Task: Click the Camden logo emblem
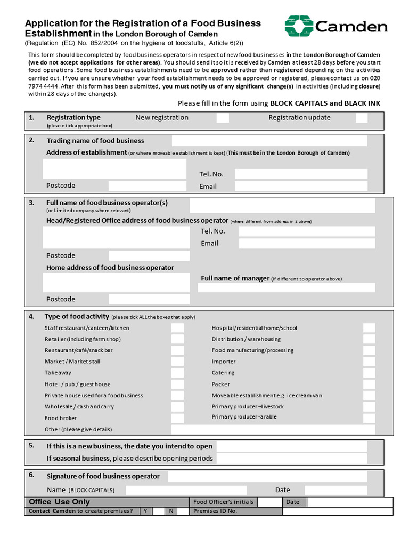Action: coord(299,26)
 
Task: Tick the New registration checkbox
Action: coord(223,118)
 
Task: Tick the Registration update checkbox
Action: coord(362,118)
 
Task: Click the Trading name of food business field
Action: coord(269,141)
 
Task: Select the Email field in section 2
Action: coord(301,186)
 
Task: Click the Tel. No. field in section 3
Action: coord(307,231)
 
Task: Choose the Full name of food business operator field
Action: coord(282,205)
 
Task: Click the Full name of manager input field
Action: coord(287,288)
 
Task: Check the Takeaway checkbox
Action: coord(177,373)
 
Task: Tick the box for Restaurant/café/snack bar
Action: coord(177,350)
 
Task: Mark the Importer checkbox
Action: coord(369,362)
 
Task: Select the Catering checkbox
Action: coord(369,373)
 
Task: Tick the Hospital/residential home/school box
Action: coord(369,328)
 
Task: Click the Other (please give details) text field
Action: coord(273,429)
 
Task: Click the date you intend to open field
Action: coord(291,446)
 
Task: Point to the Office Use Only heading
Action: coord(59,502)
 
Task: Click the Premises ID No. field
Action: coord(337,511)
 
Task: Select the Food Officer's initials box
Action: coord(269,502)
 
